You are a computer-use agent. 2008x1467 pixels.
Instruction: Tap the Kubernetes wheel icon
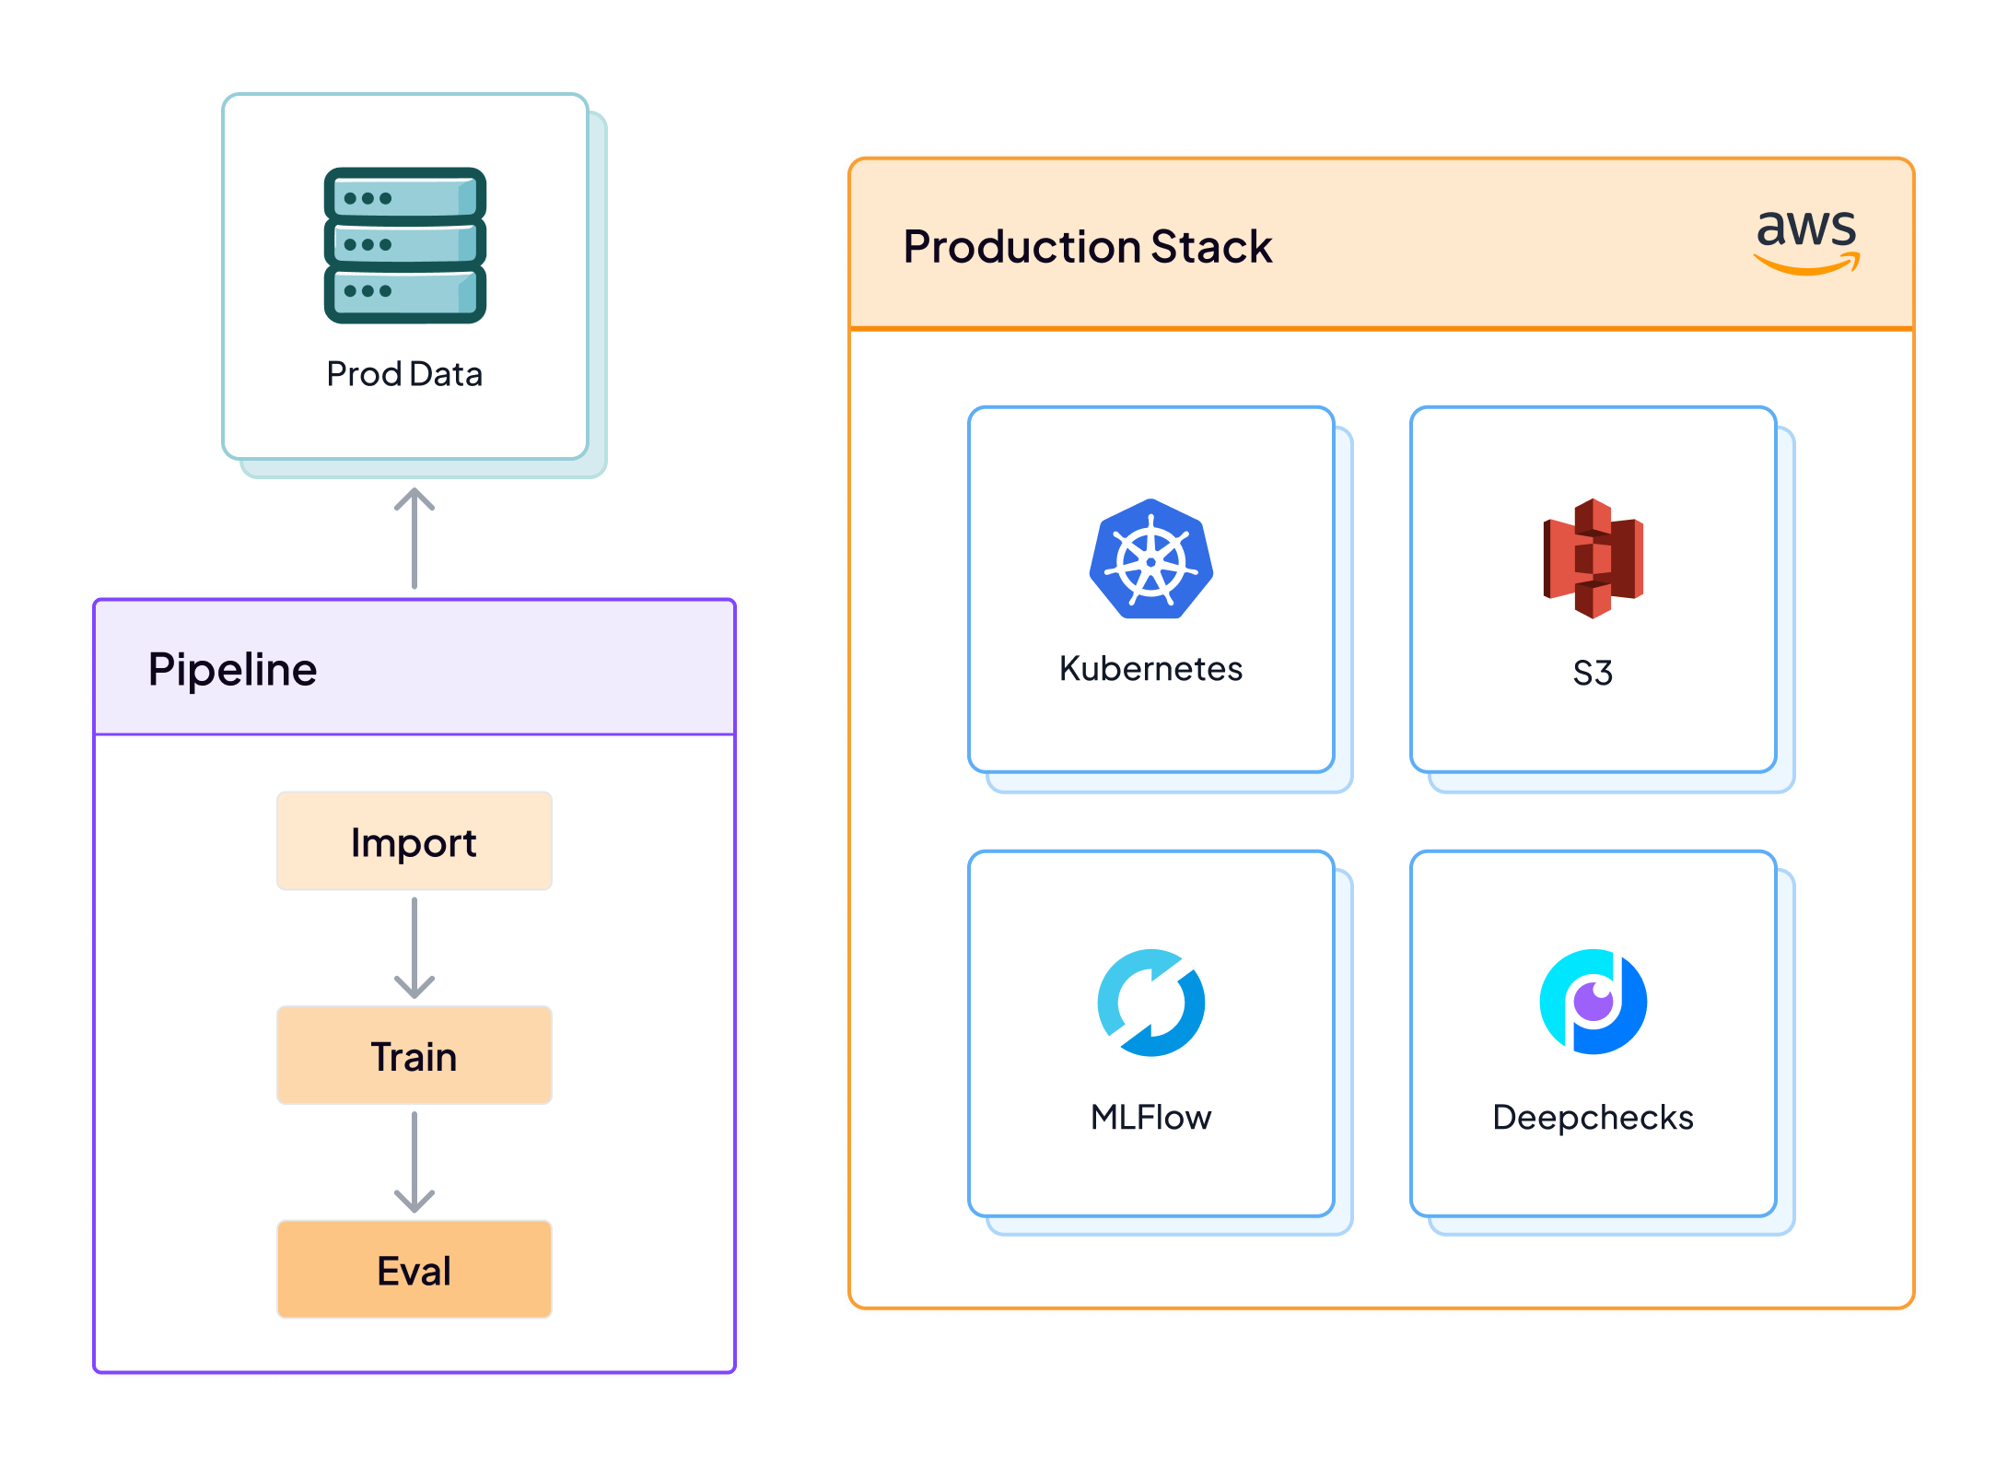(1150, 559)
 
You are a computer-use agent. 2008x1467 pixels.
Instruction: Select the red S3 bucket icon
(1593, 558)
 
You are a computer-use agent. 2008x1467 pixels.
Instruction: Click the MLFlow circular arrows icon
(1150, 1003)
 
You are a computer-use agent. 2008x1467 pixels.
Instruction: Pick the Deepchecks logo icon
(1593, 1002)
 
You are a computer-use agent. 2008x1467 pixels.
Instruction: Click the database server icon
(404, 245)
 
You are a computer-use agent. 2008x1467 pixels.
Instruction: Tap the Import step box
(414, 841)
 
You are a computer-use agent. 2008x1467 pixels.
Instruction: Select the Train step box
(414, 1056)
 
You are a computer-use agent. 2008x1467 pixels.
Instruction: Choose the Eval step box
(414, 1270)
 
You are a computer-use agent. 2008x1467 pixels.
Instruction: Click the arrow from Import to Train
(414, 948)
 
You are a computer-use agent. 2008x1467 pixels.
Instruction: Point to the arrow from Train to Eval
(414, 1162)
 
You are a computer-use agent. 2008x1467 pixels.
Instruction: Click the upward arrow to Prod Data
(414, 539)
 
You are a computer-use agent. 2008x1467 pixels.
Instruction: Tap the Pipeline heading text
(232, 670)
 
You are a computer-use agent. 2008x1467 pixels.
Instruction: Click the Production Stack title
(1087, 247)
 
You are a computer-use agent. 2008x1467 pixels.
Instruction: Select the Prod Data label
(404, 374)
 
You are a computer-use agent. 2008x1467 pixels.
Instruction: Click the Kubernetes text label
(1150, 669)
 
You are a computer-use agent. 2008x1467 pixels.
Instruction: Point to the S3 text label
(1593, 673)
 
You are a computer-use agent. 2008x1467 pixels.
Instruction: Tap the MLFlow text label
(1150, 1118)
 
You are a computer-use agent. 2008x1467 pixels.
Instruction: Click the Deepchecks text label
(1593, 1118)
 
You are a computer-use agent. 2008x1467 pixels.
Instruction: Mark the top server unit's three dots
(368, 198)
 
